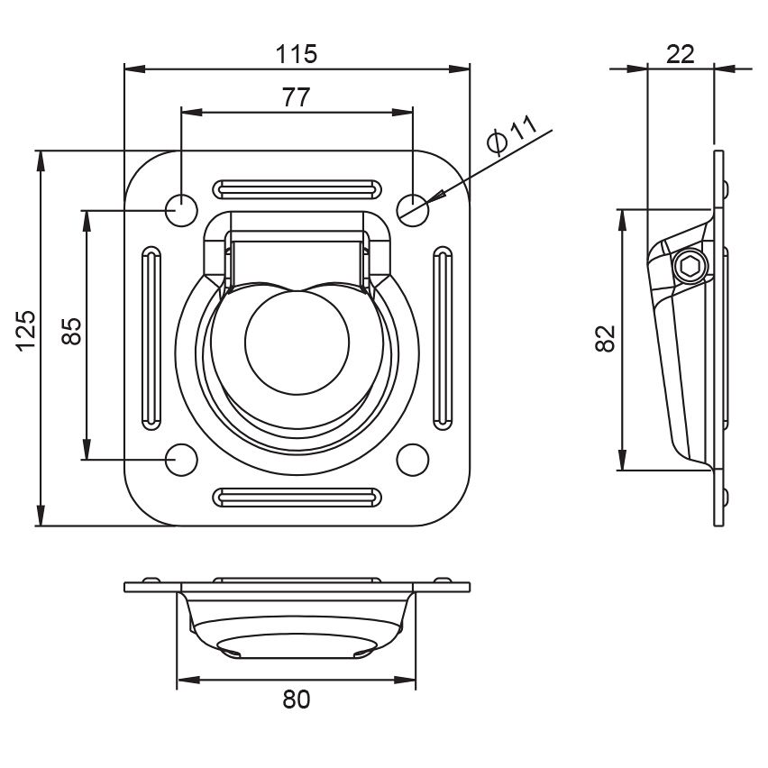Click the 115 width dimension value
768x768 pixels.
(x=297, y=54)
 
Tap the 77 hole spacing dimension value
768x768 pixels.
(x=297, y=97)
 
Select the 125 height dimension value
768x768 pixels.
(x=26, y=330)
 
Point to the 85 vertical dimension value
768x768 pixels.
(x=71, y=332)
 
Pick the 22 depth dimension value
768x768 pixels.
(x=681, y=54)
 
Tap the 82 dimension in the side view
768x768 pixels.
(x=606, y=338)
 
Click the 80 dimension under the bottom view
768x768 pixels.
(x=297, y=699)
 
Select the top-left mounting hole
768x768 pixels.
(x=181, y=210)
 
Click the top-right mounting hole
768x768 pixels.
(x=413, y=210)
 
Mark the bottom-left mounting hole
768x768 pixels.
(x=181, y=460)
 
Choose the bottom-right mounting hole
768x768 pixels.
(x=413, y=460)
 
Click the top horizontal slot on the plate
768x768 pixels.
(x=297, y=189)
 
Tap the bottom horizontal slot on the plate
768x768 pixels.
(x=297, y=497)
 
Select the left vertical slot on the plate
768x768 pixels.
(x=151, y=338)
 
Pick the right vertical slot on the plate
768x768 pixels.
(x=443, y=338)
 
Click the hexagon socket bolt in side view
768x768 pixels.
(x=690, y=267)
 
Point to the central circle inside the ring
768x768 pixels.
(x=297, y=343)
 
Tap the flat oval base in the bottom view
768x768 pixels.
(x=297, y=645)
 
